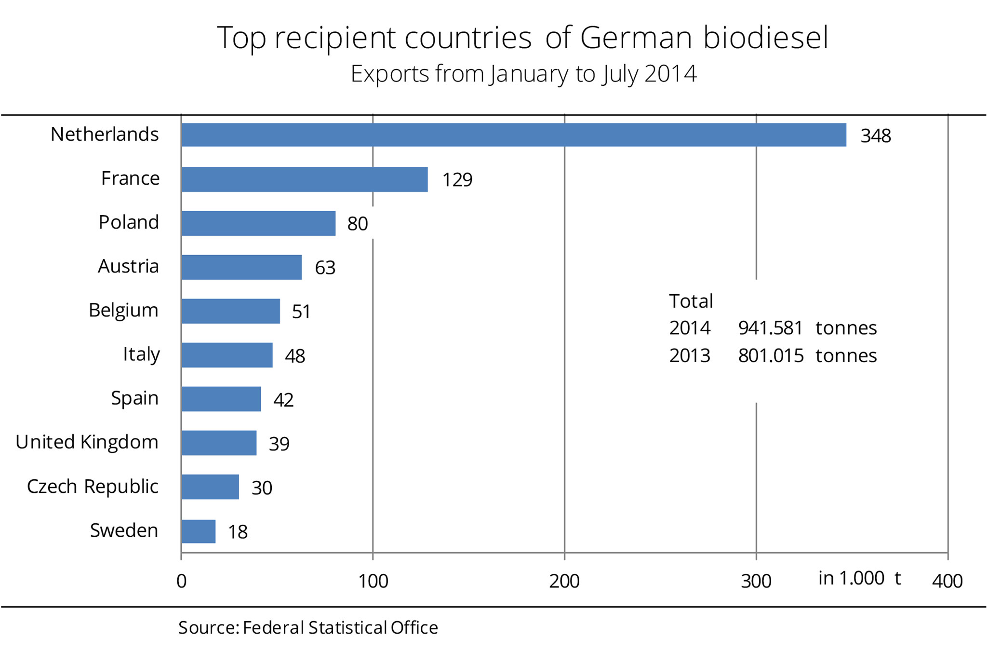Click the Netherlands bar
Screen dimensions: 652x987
click(514, 135)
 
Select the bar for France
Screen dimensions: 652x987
click(305, 179)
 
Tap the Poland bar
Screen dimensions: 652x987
click(258, 223)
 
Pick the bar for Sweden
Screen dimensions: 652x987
click(199, 531)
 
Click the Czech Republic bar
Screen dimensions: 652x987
click(210, 487)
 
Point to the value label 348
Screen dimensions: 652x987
click(876, 136)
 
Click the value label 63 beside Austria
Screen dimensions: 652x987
click(325, 268)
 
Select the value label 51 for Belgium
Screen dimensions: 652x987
click(301, 312)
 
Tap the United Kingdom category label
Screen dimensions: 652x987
click(87, 442)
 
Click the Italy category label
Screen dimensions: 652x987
click(141, 354)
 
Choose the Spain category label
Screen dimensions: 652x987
click(134, 398)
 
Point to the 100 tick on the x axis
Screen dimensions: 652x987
click(373, 581)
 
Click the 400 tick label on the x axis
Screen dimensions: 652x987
click(947, 581)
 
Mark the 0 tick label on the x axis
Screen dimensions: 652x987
click(181, 581)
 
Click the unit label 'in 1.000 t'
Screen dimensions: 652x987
click(859, 578)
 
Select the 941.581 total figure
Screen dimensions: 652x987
click(770, 328)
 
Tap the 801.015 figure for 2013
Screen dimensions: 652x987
click(771, 356)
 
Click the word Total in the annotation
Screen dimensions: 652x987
click(691, 301)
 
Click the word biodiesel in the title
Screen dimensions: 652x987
click(766, 38)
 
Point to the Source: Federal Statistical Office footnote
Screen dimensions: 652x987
click(308, 627)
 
